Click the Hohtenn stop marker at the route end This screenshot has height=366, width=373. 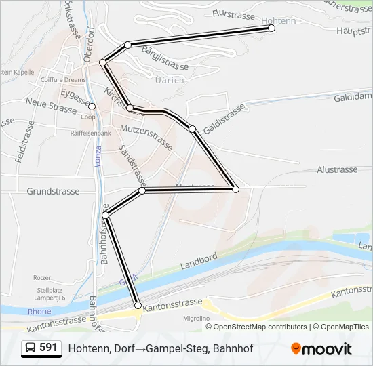(x=271, y=28)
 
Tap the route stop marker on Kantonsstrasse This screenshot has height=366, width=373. (x=138, y=306)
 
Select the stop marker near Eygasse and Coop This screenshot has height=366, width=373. (x=92, y=106)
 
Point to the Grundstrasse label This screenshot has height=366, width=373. (x=53, y=191)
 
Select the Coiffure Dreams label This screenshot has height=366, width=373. (x=63, y=80)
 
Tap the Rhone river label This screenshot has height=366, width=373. (x=39, y=312)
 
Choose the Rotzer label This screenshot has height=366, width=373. (x=42, y=277)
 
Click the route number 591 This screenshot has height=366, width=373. (x=48, y=348)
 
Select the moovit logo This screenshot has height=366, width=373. (x=321, y=349)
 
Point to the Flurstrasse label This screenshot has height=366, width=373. (x=232, y=13)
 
